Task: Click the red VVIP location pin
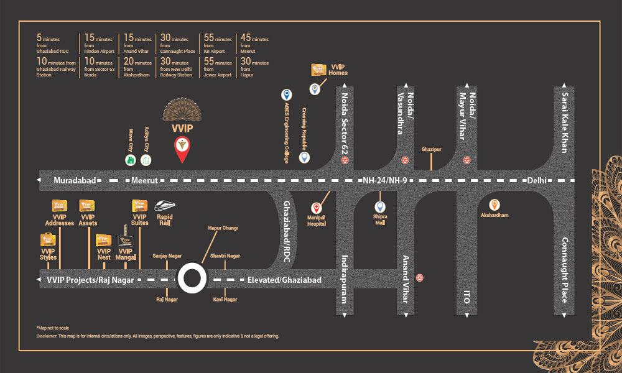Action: tap(182, 149)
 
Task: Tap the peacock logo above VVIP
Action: tap(183, 112)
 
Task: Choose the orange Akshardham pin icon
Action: tap(494, 204)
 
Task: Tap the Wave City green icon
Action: tap(130, 160)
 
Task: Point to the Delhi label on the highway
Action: tap(537, 180)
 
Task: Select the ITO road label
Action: tap(466, 297)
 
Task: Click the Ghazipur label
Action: tap(431, 150)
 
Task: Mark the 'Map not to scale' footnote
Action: tap(54, 328)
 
